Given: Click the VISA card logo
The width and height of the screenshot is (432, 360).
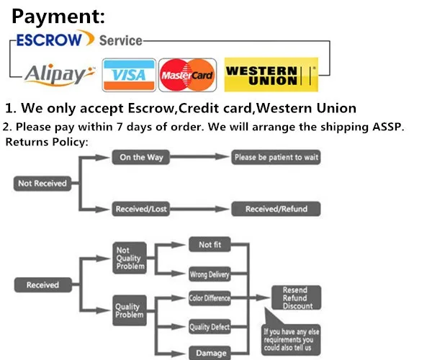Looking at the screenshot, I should (x=129, y=75).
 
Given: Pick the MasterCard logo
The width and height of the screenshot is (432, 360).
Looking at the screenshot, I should (x=187, y=75).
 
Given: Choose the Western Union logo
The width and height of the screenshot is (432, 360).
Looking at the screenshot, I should (x=271, y=74).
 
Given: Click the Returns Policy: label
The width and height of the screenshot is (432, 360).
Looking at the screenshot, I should (x=47, y=142).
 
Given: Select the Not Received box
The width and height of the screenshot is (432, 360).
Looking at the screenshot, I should (x=42, y=184).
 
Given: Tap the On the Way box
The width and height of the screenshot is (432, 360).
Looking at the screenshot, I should (x=141, y=158).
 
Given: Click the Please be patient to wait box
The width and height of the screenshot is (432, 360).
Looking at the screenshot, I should (x=276, y=158).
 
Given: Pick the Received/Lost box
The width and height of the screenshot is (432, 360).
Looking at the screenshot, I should (x=141, y=209).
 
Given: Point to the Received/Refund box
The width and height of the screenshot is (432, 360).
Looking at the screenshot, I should (x=276, y=209).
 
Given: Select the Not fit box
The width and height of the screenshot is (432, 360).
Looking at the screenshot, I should (x=210, y=246).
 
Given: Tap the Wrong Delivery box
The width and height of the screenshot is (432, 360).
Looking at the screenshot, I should (x=210, y=274).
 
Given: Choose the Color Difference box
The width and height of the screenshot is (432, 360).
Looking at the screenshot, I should (x=210, y=298).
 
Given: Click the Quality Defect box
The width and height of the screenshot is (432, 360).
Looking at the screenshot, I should (x=210, y=328).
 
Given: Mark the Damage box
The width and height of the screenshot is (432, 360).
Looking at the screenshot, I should (x=210, y=353).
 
